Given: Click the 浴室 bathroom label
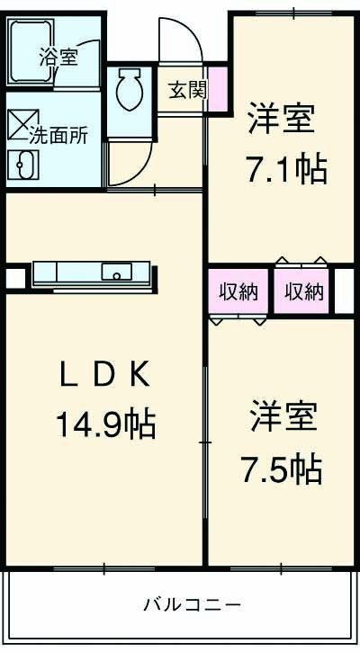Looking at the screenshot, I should pyautogui.click(x=58, y=58).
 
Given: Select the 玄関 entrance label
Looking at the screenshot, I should pyautogui.click(x=186, y=90).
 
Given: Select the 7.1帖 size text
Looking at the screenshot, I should pyautogui.click(x=286, y=168).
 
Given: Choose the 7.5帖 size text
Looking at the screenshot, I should pyautogui.click(x=281, y=468).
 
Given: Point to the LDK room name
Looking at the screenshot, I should pyautogui.click(x=103, y=373).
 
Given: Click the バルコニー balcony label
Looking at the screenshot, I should pyautogui.click(x=192, y=604).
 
